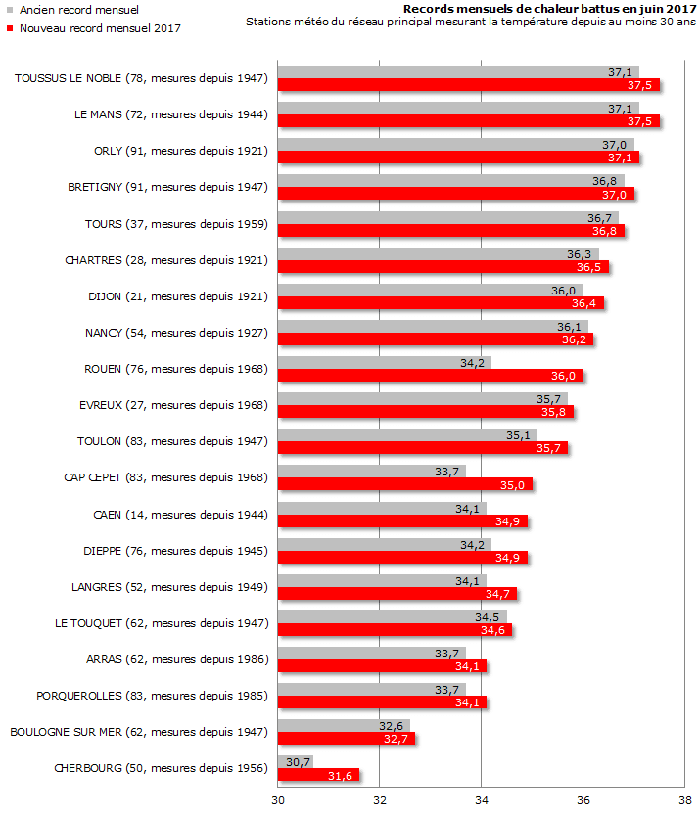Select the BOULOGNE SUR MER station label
pyautogui.click(x=138, y=732)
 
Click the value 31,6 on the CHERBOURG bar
pyautogui.click(x=341, y=776)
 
